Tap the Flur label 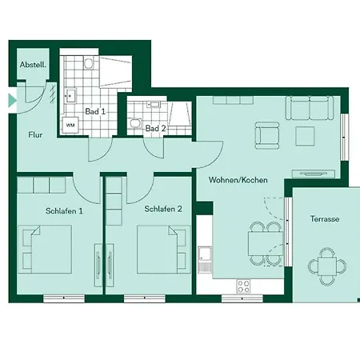coord(36,135)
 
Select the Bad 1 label coord(96,111)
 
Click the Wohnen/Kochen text coord(238,181)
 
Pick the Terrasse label coord(325,218)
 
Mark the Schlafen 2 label coord(163,210)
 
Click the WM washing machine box coord(70,125)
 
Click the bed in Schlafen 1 coord(51,248)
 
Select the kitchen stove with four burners coord(243,286)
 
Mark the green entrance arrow coord(10,102)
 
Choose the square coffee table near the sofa coord(306,136)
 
